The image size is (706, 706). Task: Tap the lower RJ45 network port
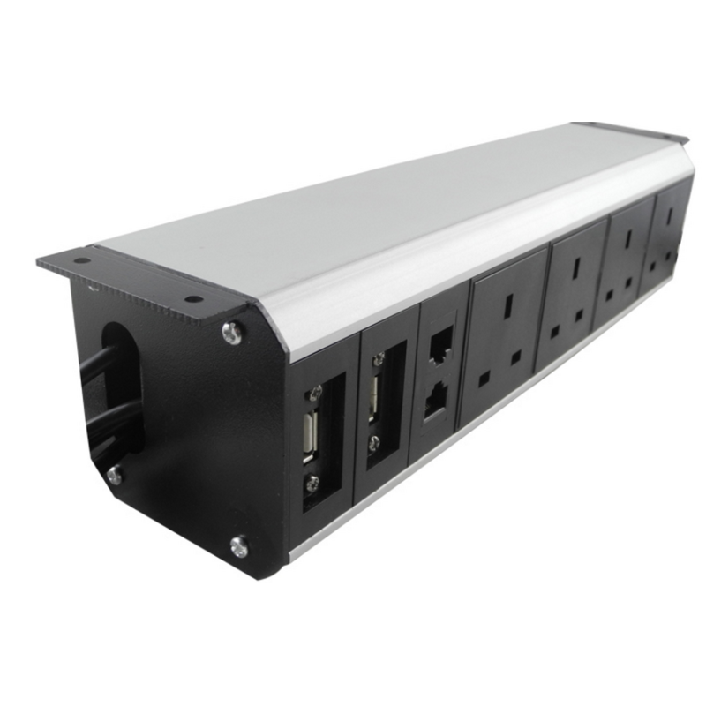click(434, 403)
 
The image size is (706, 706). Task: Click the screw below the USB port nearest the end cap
click(311, 484)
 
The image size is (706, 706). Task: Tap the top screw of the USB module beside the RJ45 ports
click(380, 359)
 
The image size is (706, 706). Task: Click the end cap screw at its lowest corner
click(238, 546)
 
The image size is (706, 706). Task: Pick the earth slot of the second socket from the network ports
click(572, 268)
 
